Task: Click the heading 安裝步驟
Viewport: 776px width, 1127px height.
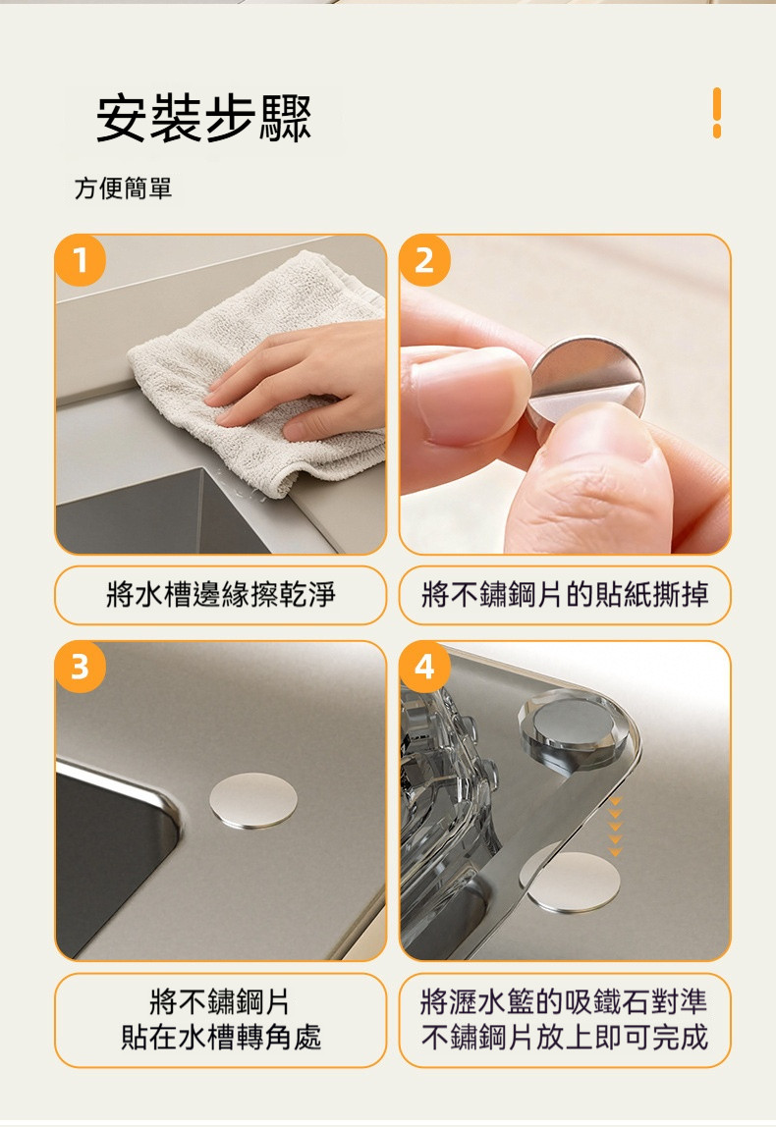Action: pos(203,121)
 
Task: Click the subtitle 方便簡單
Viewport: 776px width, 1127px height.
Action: pos(124,188)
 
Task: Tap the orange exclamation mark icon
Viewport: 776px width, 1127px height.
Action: pos(716,112)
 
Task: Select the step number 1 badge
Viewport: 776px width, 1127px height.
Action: pos(81,261)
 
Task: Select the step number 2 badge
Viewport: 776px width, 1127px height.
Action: pos(424,261)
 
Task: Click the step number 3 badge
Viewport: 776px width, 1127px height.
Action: pos(81,668)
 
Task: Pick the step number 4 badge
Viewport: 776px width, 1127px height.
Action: pos(424,668)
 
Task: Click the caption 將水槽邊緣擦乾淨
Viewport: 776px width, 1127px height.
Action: pos(220,595)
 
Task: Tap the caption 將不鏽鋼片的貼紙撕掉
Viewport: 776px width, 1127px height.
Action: pos(565,595)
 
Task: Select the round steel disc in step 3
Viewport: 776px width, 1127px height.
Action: pos(253,799)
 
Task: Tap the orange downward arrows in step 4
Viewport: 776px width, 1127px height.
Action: pos(615,827)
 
